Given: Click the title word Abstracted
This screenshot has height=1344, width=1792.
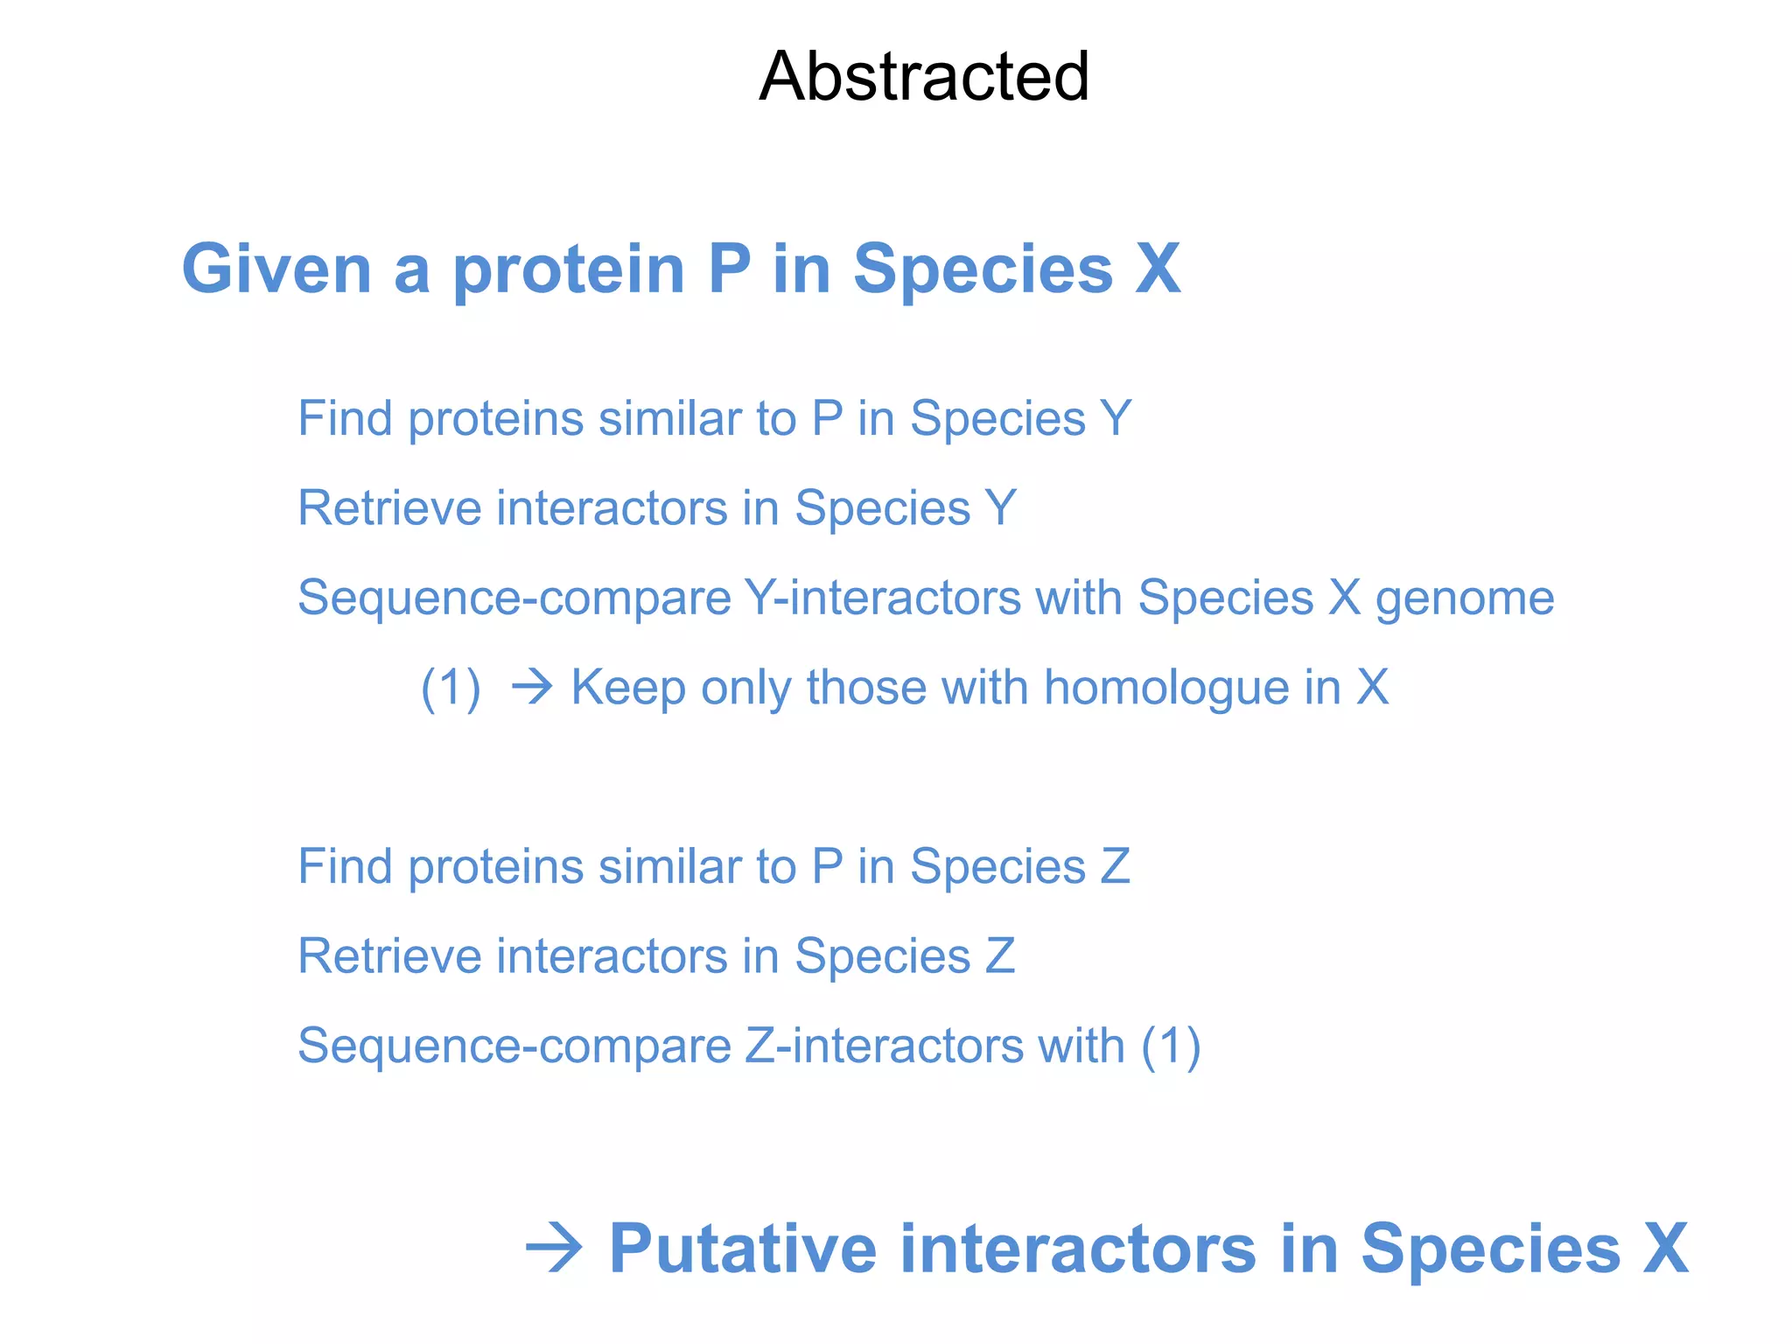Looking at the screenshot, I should click(924, 77).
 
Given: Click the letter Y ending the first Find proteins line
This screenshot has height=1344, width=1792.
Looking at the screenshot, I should click(1116, 418).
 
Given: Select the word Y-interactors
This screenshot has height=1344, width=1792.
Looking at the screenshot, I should click(882, 598).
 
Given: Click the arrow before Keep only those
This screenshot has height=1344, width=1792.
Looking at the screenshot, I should click(532, 687).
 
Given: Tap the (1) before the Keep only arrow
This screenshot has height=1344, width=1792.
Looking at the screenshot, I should click(451, 688).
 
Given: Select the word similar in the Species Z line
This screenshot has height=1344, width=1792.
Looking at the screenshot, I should click(670, 866).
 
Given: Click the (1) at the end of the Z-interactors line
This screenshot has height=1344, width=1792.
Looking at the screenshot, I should click(1171, 1046).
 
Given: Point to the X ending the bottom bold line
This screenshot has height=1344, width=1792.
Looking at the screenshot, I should click(1665, 1249).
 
